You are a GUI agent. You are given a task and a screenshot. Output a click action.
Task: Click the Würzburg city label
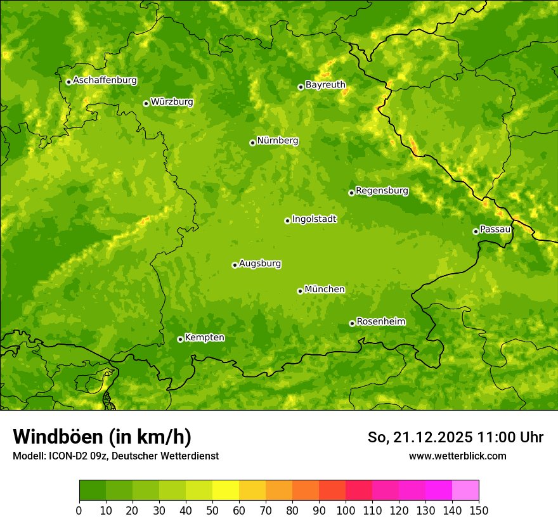(x=172, y=102)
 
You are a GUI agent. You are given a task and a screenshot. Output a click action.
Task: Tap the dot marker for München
(x=300, y=291)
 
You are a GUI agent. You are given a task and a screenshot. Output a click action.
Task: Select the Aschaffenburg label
(x=105, y=80)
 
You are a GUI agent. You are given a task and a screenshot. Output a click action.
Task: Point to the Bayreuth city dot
(x=301, y=87)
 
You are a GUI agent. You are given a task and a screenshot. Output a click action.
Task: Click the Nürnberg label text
(x=277, y=141)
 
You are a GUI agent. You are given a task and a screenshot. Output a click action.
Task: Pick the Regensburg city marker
(x=351, y=193)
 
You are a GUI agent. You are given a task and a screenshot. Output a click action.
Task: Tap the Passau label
(x=495, y=229)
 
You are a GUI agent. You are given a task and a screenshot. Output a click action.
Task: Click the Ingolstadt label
(x=314, y=219)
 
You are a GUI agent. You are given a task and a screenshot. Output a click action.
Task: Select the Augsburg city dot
(x=235, y=265)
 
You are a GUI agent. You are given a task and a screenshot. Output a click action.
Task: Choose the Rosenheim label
(x=380, y=322)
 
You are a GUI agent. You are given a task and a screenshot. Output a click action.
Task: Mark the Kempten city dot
(x=180, y=339)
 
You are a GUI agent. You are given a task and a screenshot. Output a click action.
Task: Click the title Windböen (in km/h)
(x=101, y=437)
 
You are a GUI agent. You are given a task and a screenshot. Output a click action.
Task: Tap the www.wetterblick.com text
(x=457, y=456)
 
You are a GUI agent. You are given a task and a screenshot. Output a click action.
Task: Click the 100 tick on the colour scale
(x=346, y=510)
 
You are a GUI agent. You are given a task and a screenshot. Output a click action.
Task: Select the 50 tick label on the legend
(x=212, y=510)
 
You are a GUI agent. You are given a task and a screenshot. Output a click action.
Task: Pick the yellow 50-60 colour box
(x=226, y=491)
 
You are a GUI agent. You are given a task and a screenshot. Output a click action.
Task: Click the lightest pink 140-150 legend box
(x=465, y=491)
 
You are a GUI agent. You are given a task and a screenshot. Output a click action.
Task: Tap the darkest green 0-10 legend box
(x=93, y=491)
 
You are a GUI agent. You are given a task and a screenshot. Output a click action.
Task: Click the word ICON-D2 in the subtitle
(x=65, y=456)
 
